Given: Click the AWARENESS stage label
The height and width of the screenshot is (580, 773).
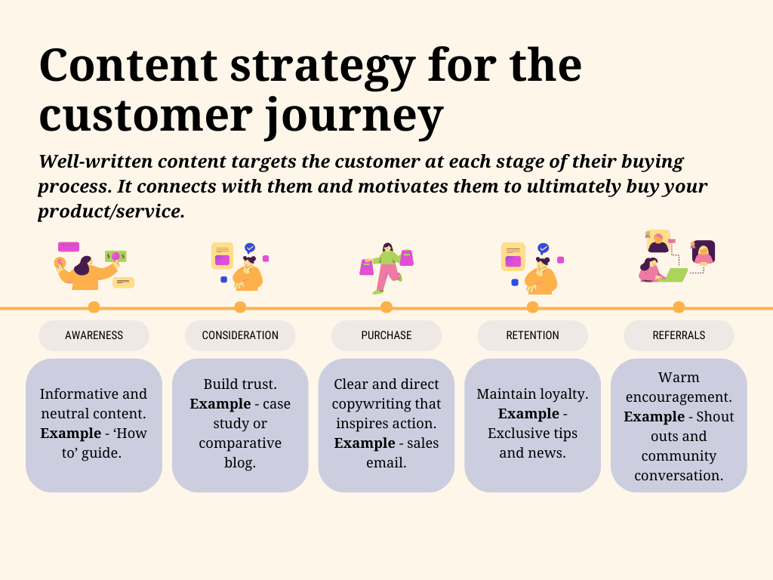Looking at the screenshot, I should point(94,335).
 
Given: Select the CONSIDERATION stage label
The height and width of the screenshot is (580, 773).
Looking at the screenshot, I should point(240,335).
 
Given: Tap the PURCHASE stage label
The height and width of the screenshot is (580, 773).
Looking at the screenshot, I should point(386,335).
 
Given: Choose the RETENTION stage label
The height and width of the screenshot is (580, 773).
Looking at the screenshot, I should point(532,335).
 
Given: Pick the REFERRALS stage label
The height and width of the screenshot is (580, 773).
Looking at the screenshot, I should point(679,335).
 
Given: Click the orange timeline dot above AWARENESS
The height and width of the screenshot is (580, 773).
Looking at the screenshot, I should point(94,307).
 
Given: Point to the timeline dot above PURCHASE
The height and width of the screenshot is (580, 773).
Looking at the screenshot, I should point(386,307).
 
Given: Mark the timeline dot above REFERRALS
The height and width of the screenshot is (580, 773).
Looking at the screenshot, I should point(679,307).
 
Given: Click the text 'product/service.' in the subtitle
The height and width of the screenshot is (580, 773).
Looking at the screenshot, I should point(111,211).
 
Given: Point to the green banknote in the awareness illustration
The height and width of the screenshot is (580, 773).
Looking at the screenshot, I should point(115,257).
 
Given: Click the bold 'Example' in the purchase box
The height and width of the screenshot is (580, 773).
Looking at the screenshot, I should point(365,443).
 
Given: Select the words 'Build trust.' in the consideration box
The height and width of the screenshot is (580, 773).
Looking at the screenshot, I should point(240,384).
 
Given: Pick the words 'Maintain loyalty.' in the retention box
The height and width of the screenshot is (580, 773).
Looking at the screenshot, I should point(532,393).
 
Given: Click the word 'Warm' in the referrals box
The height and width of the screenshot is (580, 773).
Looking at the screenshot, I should point(679,377).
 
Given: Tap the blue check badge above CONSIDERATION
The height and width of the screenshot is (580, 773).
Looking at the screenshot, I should point(250,248).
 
